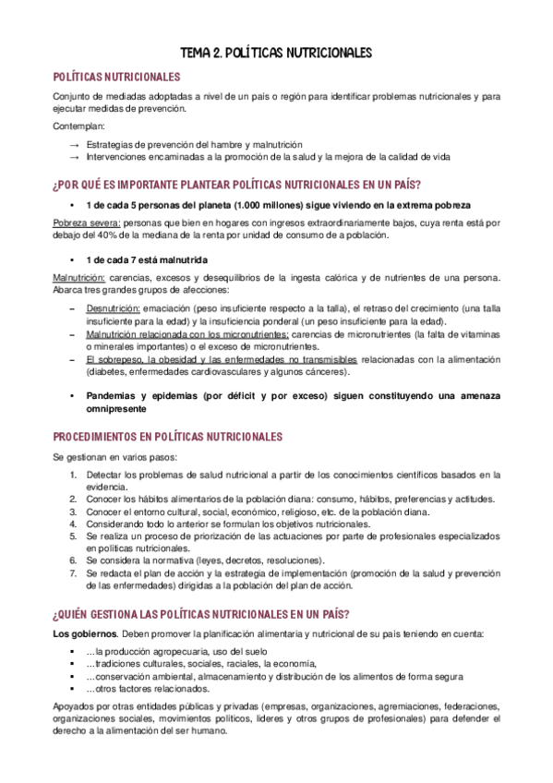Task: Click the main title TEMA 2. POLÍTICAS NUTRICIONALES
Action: (x=276, y=53)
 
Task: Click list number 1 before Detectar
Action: (x=75, y=476)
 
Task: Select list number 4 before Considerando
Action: (x=75, y=524)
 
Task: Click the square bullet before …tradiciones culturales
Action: (x=73, y=664)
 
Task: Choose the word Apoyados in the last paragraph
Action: (x=76, y=706)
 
